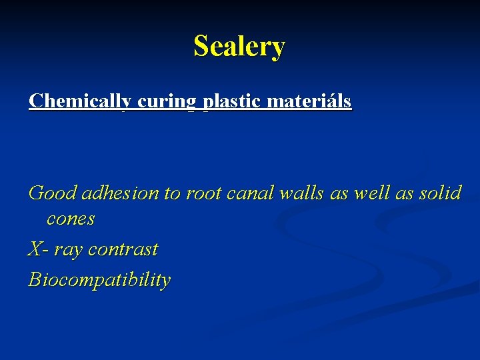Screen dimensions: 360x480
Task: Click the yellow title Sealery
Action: coord(239,47)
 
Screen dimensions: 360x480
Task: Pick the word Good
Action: coord(53,193)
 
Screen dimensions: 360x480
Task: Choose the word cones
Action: coord(71,219)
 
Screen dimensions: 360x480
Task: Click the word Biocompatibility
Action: coord(99,280)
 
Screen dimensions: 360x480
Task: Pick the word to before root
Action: coord(172,193)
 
